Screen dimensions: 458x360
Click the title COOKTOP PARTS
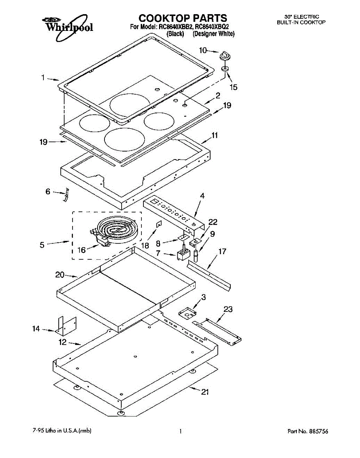point(182,18)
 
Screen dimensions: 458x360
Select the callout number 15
point(233,87)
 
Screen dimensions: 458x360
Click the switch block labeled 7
point(183,254)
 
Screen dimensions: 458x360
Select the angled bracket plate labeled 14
point(66,324)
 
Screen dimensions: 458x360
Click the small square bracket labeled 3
point(187,313)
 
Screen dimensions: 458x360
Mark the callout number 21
point(204,392)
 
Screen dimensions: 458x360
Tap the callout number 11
point(215,135)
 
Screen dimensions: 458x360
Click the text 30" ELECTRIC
point(301,17)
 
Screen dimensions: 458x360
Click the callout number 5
point(42,245)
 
